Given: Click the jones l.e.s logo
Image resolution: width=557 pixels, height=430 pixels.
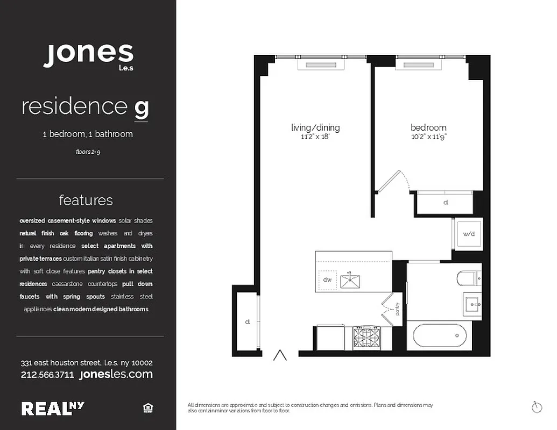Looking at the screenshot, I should click(x=88, y=56).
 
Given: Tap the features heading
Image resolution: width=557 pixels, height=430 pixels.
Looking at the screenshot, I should click(x=86, y=200).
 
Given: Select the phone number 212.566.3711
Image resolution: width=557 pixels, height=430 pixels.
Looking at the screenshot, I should click(x=47, y=375).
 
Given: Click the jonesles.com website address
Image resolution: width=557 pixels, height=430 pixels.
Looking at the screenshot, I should click(x=116, y=374).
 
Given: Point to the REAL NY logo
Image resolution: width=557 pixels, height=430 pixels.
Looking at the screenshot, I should click(x=53, y=408).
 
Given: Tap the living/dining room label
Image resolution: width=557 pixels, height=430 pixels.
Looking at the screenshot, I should click(x=315, y=127).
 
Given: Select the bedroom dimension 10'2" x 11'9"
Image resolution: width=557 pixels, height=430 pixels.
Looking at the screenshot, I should click(x=428, y=137).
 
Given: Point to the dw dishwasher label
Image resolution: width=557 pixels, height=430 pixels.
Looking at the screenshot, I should click(x=327, y=279).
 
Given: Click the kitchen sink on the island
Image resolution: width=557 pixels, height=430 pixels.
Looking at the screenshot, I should click(x=352, y=279).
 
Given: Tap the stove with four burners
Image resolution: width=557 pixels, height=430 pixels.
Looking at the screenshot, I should click(x=365, y=338).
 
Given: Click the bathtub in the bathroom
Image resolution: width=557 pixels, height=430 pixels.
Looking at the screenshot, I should click(x=440, y=336).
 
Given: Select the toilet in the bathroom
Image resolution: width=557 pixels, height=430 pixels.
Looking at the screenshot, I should click(x=469, y=278).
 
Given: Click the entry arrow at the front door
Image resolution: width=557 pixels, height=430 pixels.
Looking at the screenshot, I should click(x=280, y=355).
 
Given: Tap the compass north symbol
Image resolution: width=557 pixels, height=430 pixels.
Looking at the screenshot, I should click(x=535, y=407).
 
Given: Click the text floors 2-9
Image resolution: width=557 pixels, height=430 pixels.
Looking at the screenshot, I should click(x=88, y=152).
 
